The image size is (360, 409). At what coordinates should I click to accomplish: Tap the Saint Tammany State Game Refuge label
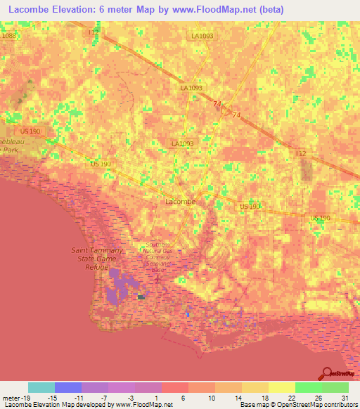tap(98, 258)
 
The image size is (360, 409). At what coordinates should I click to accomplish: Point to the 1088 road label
tap(8, 35)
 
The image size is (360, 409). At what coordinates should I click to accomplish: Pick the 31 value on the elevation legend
tap(345, 397)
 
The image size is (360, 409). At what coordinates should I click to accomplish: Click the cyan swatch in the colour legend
tap(41, 387)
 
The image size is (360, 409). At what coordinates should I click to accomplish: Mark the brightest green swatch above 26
tap(309, 387)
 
